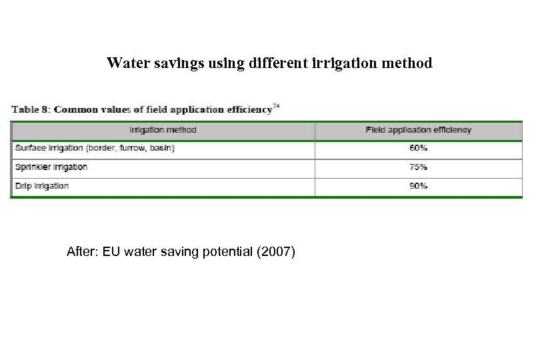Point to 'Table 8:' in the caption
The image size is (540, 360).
pos(31,109)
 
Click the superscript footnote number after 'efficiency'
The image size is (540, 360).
pos(276,105)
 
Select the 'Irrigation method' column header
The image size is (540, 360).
pos(163,130)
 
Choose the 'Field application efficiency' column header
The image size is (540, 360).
pos(418,130)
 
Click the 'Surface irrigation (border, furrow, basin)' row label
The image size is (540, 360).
pos(93,149)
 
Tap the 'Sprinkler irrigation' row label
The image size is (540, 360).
pos(50,167)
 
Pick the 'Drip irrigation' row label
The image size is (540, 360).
pos(41,186)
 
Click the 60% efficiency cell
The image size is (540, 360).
pos(418,149)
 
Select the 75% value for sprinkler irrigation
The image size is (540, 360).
pos(418,167)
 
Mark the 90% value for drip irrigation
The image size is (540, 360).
pos(418,186)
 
